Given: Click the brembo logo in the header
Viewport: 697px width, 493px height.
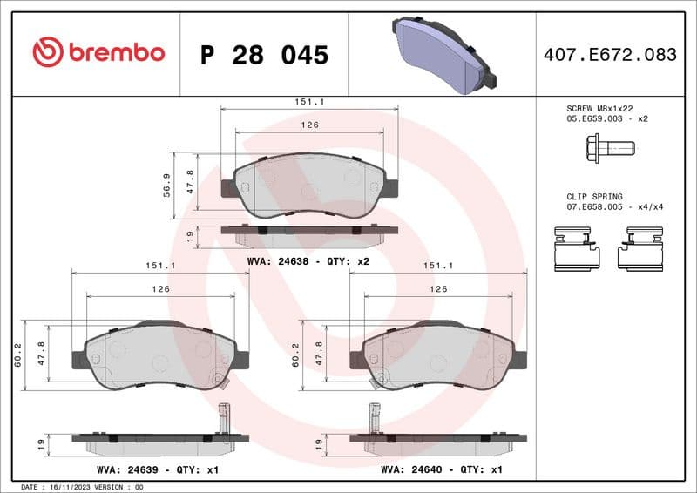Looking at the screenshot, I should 98,53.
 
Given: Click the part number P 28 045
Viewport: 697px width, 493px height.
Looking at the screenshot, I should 264,55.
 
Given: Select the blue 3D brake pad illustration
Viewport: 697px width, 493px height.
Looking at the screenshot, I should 443,53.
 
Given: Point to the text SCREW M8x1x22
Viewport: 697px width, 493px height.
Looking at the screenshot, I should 599,108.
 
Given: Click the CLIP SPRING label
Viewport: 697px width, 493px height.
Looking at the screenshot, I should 594,198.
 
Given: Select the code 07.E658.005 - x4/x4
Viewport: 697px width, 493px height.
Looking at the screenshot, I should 615,208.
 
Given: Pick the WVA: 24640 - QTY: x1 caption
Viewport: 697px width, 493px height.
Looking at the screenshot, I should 442,469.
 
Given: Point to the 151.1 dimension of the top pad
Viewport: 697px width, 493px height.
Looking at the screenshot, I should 309,102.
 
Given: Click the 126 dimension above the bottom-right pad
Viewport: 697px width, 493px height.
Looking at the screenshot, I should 439,288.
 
